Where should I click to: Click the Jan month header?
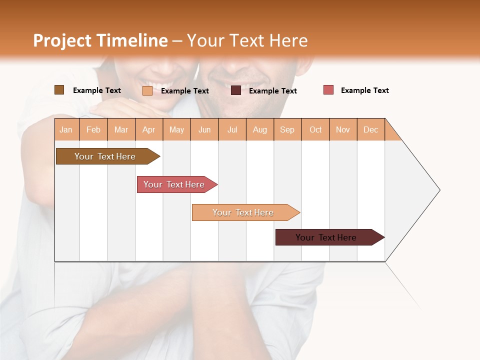[66, 129]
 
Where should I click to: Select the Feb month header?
[93, 129]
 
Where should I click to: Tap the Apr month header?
[149, 129]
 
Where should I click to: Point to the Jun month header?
[204, 129]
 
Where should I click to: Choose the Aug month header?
[260, 129]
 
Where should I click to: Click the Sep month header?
[287, 129]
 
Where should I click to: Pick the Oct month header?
[315, 129]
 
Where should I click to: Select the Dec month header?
[371, 129]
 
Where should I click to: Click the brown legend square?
[59, 90]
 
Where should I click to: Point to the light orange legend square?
[147, 90]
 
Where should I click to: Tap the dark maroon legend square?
[236, 90]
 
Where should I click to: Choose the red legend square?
[328, 90]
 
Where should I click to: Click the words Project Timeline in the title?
[100, 40]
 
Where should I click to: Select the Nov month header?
[343, 129]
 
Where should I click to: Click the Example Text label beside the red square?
[364, 90]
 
